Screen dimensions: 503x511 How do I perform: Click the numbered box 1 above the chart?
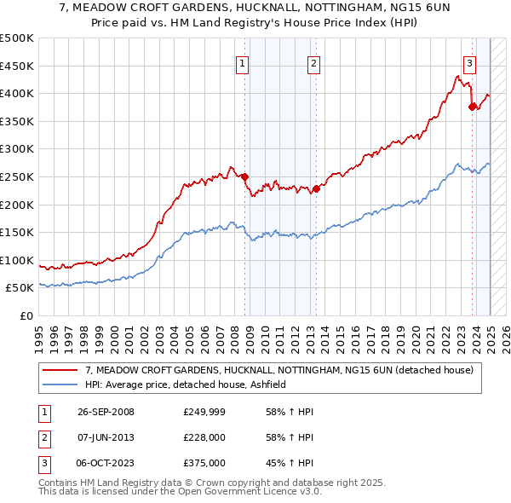243,62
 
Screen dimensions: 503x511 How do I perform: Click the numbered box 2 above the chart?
313,62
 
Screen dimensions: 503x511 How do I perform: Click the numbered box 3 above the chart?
469,62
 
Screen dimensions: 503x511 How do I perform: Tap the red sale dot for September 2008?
245,176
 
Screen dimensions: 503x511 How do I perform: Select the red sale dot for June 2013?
316,188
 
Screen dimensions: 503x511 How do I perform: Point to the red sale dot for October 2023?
472,107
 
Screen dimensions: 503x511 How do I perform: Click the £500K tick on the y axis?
17,38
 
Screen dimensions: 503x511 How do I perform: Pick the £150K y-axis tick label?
17,232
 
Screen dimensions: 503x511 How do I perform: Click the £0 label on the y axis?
26,315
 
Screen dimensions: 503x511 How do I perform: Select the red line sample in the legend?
60,370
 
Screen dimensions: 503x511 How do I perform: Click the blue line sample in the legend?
60,384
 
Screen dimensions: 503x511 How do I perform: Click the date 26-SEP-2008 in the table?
106,412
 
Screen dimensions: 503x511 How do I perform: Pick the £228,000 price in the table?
204,437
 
